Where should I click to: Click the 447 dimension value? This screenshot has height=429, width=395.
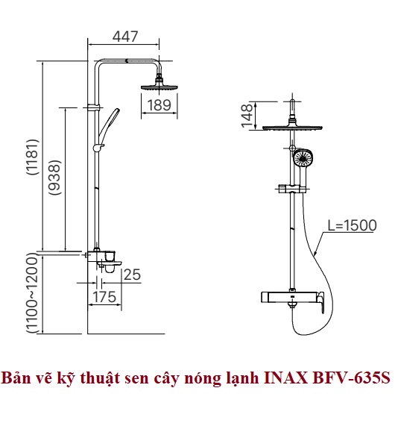click(125, 37)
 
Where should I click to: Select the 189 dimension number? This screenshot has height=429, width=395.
click(159, 105)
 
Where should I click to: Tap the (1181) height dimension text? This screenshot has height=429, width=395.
click(33, 157)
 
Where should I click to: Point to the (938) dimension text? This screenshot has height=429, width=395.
click(54, 178)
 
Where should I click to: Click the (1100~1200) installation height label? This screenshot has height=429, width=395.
click(33, 292)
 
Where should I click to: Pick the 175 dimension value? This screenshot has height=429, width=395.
click(104, 297)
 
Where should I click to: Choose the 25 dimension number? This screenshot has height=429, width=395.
click(133, 275)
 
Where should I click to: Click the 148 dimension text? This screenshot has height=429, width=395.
click(247, 116)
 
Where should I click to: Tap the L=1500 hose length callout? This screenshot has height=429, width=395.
click(352, 225)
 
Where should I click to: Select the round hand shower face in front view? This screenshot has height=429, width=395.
click(303, 158)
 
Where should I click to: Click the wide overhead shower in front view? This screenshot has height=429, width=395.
click(292, 128)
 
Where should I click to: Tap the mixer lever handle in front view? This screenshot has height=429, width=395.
click(320, 302)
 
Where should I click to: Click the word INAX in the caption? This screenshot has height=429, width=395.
click(287, 378)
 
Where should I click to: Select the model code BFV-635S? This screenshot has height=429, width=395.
click(352, 378)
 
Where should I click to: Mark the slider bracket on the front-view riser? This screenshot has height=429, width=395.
click(293, 189)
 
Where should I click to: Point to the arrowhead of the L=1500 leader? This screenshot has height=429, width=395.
click(315, 254)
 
